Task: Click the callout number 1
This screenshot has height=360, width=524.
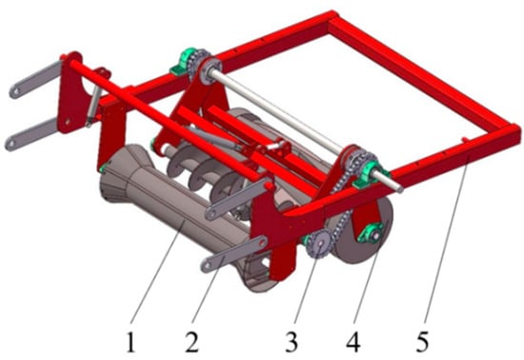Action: pos(131,341)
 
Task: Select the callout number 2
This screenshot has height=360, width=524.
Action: pos(191,341)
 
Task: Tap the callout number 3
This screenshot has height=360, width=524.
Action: pos(292,341)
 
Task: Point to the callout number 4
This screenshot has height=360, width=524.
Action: pos(353,341)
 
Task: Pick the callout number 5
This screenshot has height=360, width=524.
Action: pos(423,341)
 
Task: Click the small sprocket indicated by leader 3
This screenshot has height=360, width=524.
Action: pos(318,244)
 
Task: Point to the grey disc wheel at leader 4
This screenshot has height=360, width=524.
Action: pos(364,230)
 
